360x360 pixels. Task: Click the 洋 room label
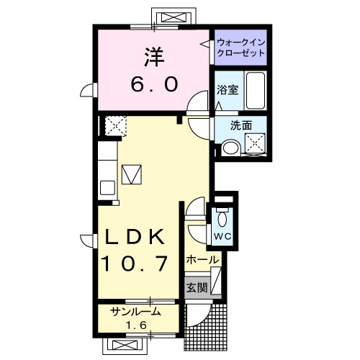coord(154,57)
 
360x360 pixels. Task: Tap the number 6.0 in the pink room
coord(155,84)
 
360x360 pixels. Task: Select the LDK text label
coord(135,236)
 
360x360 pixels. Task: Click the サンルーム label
coord(135,312)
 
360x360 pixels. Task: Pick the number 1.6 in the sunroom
coord(136,325)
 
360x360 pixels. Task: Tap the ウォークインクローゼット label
coord(240,48)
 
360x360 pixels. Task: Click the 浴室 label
coord(228,89)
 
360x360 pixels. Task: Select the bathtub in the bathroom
coord(256,91)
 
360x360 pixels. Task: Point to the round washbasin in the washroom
coord(230,148)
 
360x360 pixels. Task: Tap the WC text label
coord(222,237)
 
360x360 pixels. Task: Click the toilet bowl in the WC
coord(222,219)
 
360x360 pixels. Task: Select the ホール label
coord(203,260)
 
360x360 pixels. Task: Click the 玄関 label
coord(197,288)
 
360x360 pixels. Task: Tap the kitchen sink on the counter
coord(107,188)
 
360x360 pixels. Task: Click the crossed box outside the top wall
coord(174,17)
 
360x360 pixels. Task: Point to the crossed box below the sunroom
coord(125,346)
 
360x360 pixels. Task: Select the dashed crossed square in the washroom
coord(255,143)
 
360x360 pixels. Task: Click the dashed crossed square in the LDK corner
coord(116,126)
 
